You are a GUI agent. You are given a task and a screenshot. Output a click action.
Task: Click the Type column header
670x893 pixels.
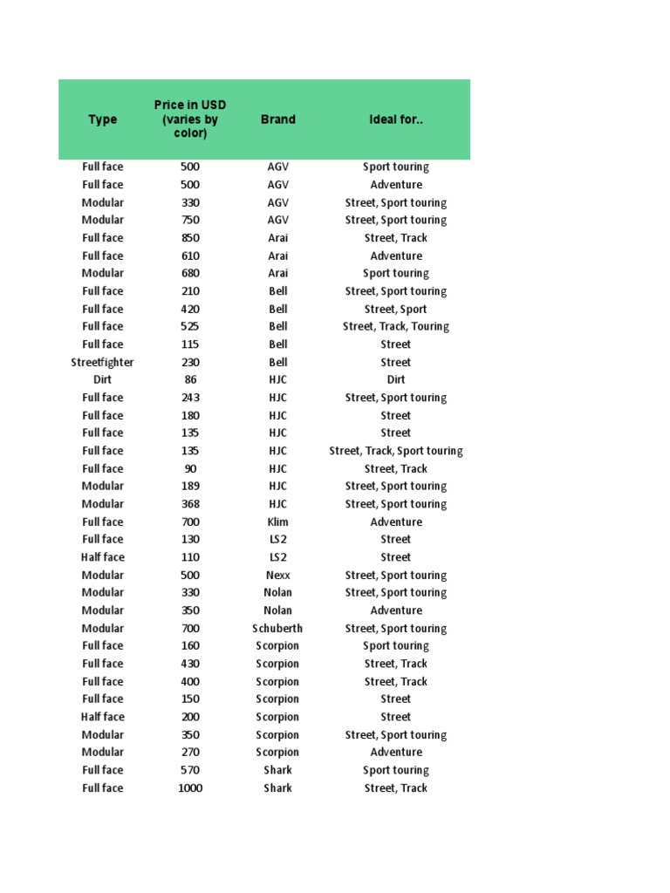point(102,119)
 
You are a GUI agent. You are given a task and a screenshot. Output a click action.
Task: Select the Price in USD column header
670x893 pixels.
point(190,119)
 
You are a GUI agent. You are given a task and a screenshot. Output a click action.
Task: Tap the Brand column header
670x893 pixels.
point(277,119)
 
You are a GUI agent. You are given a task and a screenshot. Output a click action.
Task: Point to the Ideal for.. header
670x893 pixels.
point(395,119)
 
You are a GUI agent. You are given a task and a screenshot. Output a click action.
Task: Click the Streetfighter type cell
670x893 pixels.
point(102,362)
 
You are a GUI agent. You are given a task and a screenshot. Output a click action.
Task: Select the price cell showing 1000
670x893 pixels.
point(190,787)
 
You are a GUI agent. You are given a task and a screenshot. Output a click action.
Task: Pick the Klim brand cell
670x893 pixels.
point(277,521)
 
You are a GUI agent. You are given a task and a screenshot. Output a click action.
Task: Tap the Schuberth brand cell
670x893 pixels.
point(277,628)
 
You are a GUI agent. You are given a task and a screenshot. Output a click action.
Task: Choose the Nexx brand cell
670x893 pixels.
point(277,575)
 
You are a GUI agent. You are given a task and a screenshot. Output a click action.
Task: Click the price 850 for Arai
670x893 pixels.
point(190,237)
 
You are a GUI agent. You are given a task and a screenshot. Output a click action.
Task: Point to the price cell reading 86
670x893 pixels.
point(190,379)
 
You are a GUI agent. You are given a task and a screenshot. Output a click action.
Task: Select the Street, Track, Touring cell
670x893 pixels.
point(395,326)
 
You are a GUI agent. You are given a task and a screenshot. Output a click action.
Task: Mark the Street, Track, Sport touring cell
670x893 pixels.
point(395,451)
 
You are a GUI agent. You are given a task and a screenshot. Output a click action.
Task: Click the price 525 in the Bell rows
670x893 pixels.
point(190,326)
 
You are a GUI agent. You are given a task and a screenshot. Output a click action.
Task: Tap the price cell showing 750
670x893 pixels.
point(190,220)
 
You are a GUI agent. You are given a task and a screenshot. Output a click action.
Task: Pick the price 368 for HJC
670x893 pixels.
point(190,504)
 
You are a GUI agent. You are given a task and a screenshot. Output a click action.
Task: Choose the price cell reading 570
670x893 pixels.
point(190,770)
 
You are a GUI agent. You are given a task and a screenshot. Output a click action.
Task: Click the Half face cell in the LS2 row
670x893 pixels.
point(102,557)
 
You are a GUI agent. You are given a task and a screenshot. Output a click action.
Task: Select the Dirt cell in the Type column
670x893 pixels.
point(102,379)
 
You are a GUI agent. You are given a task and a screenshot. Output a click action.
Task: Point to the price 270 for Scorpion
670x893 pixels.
point(190,752)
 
